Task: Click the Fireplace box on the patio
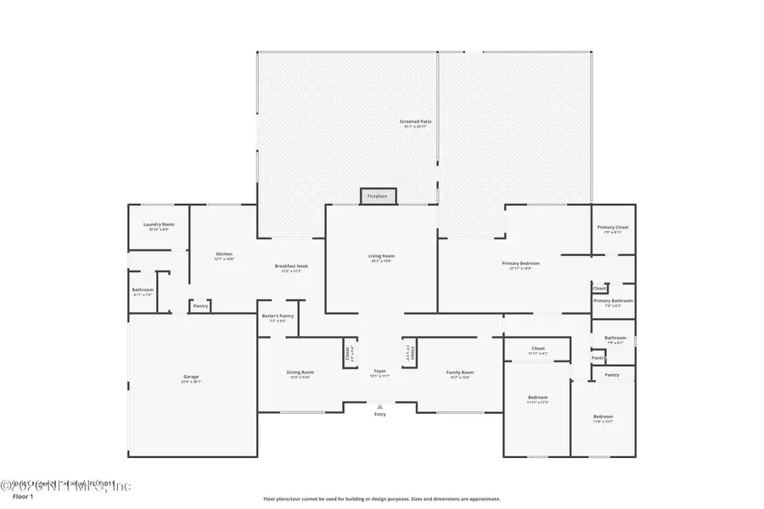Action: click(377, 196)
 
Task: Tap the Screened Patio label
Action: click(416, 122)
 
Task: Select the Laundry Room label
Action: click(159, 225)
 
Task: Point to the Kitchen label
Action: click(224, 255)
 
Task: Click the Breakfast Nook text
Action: click(291, 266)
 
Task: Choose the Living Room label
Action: click(381, 256)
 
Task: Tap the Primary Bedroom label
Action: click(520, 264)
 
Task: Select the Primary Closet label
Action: click(612, 227)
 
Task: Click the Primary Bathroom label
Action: click(613, 301)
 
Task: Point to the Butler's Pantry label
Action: click(278, 316)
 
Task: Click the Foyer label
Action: click(380, 372)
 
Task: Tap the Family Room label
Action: click(460, 372)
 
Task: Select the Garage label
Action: click(191, 377)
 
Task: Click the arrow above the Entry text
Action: click(380, 406)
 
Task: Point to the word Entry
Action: click(380, 414)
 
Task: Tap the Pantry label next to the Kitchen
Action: click(200, 306)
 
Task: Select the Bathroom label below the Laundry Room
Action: click(143, 290)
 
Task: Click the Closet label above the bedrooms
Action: click(538, 349)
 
